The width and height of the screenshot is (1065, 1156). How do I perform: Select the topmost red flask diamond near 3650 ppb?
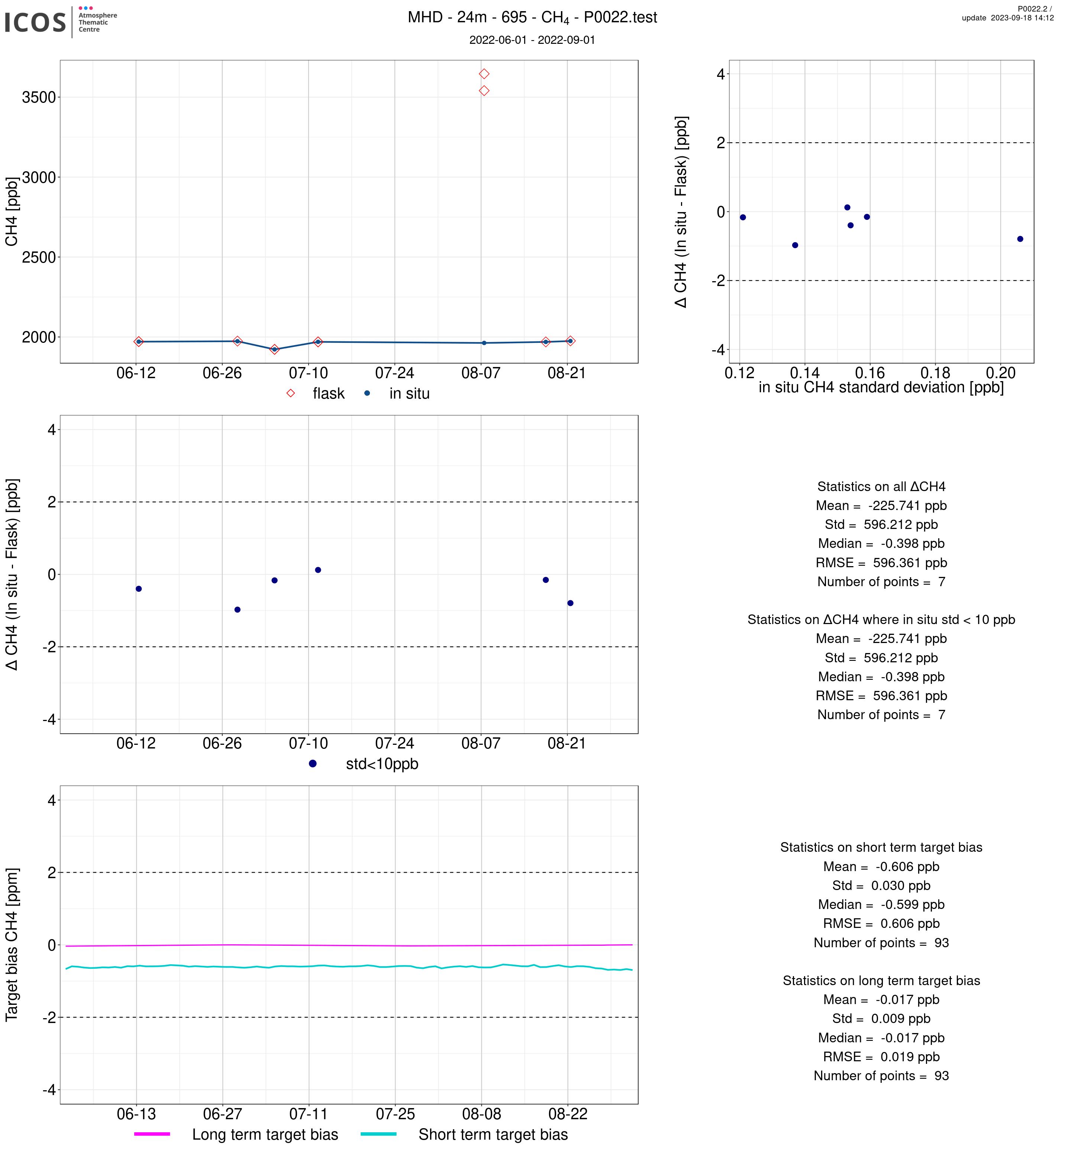[484, 74]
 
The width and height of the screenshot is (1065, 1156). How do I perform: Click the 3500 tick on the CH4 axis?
[39, 97]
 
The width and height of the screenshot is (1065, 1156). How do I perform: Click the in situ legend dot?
[367, 393]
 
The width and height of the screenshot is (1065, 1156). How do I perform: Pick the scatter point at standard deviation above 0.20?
[1020, 239]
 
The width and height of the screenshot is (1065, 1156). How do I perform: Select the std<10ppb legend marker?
[312, 764]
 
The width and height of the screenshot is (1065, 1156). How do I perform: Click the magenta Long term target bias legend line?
[152, 1134]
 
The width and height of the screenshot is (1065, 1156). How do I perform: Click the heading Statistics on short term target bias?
[881, 847]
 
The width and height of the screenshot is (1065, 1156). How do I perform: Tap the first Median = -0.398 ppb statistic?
[881, 544]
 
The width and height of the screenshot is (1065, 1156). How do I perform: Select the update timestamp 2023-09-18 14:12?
[1007, 18]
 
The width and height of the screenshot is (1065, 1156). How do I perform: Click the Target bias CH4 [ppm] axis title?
[12, 945]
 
